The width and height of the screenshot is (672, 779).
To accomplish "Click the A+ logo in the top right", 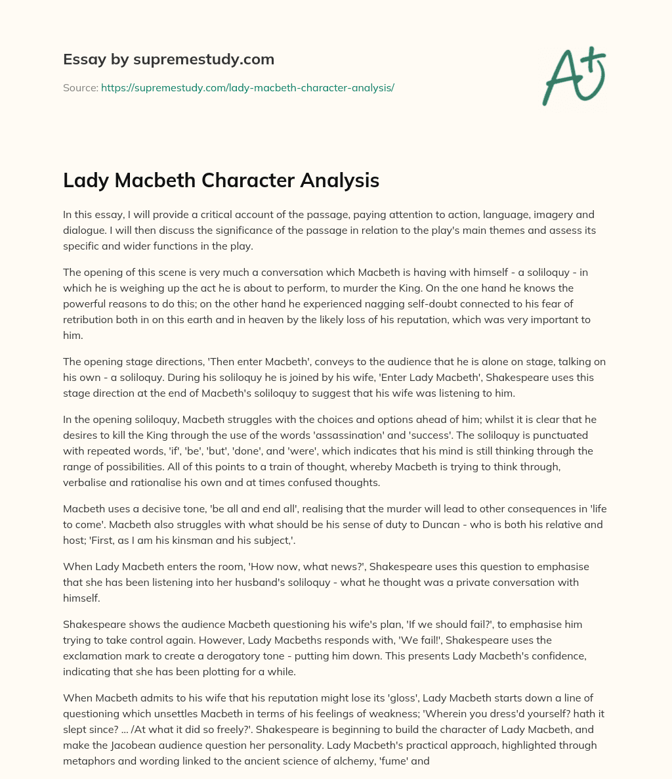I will click(x=572, y=76).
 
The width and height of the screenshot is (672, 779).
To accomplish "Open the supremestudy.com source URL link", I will click(x=247, y=87).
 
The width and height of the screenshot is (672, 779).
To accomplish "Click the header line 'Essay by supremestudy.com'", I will click(x=169, y=60).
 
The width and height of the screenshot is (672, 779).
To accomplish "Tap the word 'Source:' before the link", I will click(x=81, y=87).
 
